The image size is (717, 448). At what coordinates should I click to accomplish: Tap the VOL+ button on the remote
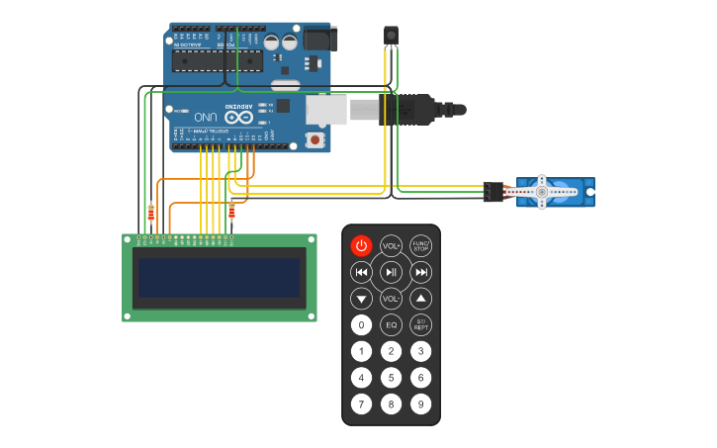pyautogui.click(x=392, y=245)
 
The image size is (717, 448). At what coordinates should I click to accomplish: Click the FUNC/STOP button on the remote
pyautogui.click(x=421, y=245)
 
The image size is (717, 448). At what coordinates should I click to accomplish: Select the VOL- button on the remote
pyautogui.click(x=392, y=298)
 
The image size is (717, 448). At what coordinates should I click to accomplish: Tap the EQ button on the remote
pyautogui.click(x=392, y=324)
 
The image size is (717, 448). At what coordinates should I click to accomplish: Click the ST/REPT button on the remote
pyautogui.click(x=421, y=324)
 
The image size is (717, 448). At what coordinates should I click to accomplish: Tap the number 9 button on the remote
pyautogui.click(x=421, y=403)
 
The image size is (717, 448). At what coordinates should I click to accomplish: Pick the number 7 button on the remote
pyautogui.click(x=362, y=403)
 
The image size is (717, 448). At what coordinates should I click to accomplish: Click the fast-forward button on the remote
pyautogui.click(x=421, y=272)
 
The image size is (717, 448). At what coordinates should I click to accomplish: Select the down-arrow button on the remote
pyautogui.click(x=362, y=298)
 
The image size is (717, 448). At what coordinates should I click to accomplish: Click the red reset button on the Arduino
pyautogui.click(x=315, y=139)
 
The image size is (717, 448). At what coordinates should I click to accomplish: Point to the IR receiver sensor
pyautogui.click(x=391, y=36)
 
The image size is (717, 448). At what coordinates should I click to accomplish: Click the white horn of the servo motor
pyautogui.click(x=541, y=192)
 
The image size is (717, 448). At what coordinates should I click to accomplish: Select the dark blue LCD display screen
pyautogui.click(x=219, y=278)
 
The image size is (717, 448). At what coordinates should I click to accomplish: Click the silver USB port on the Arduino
pyautogui.click(x=326, y=110)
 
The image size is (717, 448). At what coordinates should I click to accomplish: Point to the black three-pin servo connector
pyautogui.click(x=493, y=192)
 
